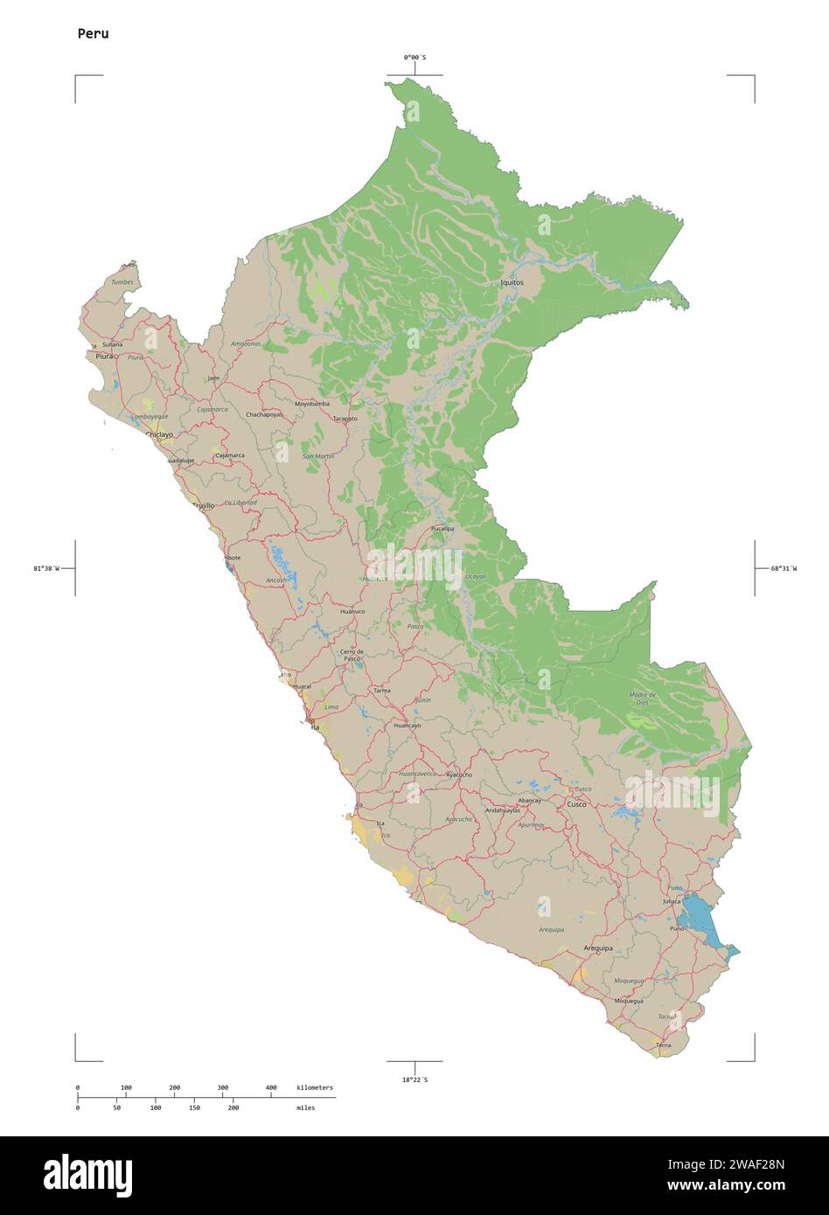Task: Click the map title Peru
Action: (93, 34)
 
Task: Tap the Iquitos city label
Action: (512, 283)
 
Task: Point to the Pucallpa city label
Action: (442, 529)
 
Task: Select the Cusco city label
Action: (576, 804)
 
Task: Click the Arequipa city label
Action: (598, 948)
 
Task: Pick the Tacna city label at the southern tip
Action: (663, 1045)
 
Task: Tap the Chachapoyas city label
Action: (264, 414)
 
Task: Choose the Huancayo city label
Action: (407, 726)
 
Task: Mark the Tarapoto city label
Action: (345, 419)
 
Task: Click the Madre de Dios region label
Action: (643, 698)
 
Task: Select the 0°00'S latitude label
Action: (414, 58)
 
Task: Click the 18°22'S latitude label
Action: (414, 1080)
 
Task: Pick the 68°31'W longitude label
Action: (784, 568)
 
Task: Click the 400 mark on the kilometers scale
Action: (271, 1087)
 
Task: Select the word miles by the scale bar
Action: (305, 1107)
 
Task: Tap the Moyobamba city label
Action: (312, 404)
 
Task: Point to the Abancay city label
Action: (529, 801)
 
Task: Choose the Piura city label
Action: (104, 357)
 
